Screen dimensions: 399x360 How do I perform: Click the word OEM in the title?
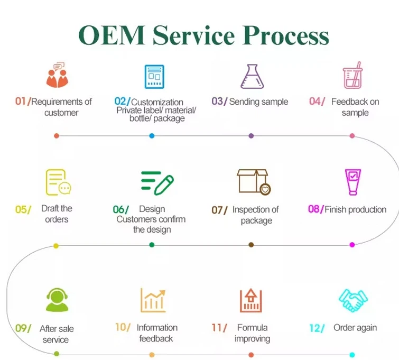112,35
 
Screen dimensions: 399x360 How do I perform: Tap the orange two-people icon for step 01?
58,75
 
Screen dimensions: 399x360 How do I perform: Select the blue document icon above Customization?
154,77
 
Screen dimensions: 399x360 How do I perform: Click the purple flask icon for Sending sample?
252,76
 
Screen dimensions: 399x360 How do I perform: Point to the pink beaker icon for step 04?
352,75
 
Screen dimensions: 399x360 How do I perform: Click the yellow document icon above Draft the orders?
58,182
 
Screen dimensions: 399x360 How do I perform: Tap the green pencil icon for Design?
157,183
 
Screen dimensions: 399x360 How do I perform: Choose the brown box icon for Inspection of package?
254,182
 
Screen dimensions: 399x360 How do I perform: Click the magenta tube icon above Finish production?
352,182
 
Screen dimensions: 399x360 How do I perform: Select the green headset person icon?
57,300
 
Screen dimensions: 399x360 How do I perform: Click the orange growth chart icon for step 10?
153,300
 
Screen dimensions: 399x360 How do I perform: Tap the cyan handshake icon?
353,300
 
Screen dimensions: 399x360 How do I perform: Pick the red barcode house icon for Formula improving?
251,300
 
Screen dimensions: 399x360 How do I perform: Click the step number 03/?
219,101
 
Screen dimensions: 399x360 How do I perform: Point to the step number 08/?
316,209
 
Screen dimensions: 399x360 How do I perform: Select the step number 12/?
317,328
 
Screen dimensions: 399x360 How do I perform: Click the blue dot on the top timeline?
152,136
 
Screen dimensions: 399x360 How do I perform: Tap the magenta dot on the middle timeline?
352,245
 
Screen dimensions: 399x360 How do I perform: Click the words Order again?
355,328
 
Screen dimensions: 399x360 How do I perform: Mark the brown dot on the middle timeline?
251,245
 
